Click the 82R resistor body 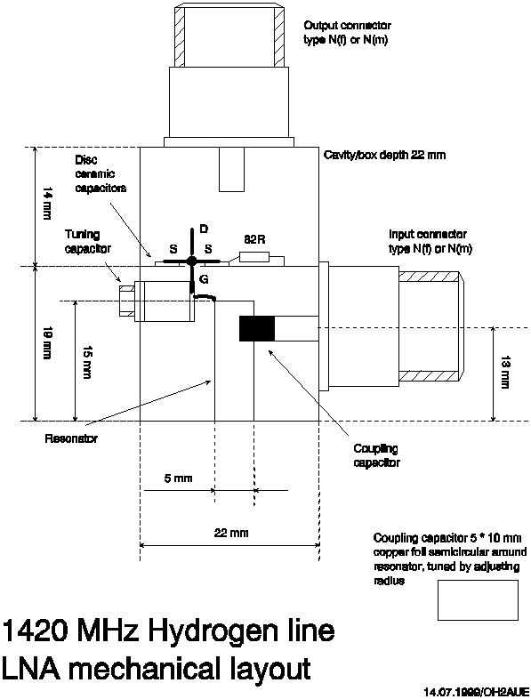254,257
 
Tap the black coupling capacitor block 257,328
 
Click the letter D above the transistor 204,229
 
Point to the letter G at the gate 204,279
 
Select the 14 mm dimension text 47,204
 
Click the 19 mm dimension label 47,343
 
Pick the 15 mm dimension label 87,362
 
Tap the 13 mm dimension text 505,373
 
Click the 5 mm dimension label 179,478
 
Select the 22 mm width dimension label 231,533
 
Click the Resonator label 71,438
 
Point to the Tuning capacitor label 88,241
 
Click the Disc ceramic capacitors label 101,173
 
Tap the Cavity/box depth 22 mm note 384,155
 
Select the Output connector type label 347,33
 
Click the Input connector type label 430,241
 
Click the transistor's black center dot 192,261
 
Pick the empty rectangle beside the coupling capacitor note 478,600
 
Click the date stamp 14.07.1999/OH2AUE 477,691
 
